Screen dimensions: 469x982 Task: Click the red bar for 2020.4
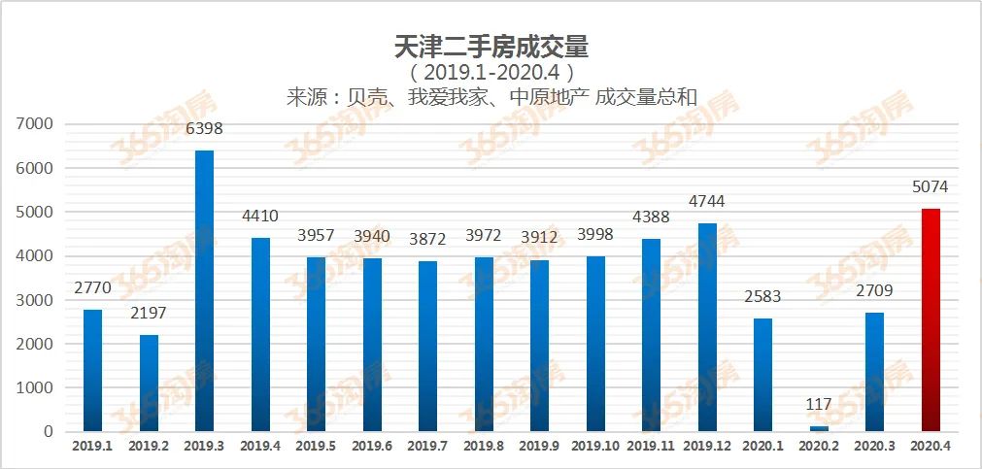tap(931, 320)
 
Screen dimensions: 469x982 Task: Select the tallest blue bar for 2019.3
tap(204, 291)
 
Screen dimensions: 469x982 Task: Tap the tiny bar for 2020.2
tap(819, 428)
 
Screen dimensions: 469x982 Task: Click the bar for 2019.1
tap(92, 370)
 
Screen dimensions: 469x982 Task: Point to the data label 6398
tap(204, 128)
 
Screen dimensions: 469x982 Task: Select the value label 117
tap(819, 404)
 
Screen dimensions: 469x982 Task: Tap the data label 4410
tap(260, 216)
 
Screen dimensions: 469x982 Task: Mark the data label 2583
tap(762, 296)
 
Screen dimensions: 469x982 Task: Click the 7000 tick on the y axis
tap(36, 124)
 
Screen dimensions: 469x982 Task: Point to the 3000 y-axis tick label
tap(36, 300)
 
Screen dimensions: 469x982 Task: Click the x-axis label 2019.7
tap(427, 446)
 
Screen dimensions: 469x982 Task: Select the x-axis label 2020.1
tap(762, 446)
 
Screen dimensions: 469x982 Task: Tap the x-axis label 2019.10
tap(595, 446)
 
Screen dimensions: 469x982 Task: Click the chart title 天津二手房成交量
tap(491, 46)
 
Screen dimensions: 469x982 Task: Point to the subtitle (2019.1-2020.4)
tap(491, 73)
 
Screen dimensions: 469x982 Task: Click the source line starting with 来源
tap(491, 98)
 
